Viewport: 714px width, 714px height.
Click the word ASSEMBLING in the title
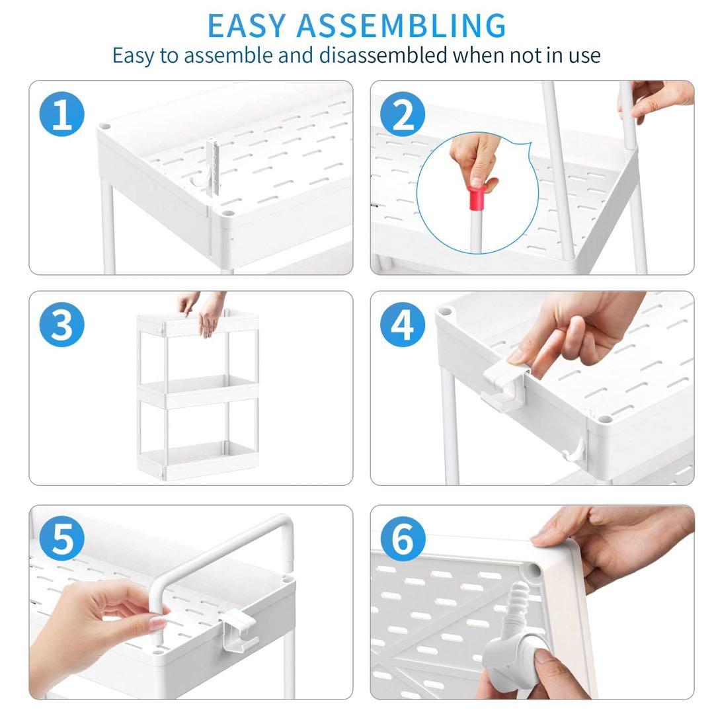[401, 26]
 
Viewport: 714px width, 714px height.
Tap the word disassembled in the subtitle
[383, 56]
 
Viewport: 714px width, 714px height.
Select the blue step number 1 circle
[62, 114]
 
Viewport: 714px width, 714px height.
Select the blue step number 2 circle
[403, 114]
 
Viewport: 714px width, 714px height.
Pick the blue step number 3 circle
[62, 325]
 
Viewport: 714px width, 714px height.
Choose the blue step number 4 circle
[403, 325]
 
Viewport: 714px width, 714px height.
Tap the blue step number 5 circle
[62, 538]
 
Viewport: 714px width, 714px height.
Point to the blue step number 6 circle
[403, 538]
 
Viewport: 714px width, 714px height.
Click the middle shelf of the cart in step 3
[198, 391]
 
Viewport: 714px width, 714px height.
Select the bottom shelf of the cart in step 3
[198, 460]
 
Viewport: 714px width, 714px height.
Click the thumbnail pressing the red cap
[477, 182]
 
